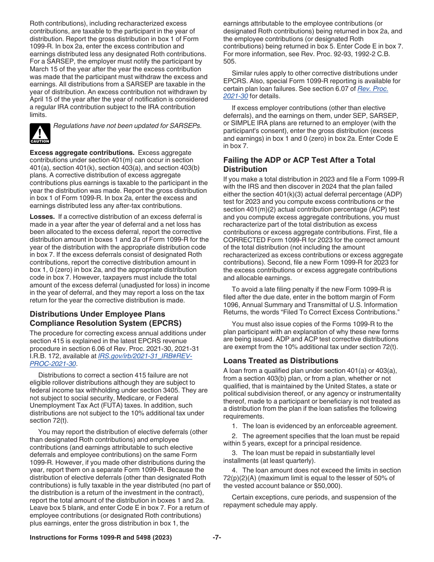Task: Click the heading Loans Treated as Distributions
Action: [281, 361]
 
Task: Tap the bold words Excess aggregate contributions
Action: [82, 153]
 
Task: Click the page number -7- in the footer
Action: [217, 538]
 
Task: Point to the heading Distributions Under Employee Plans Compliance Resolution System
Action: [105, 318]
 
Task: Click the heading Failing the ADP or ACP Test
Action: [299, 164]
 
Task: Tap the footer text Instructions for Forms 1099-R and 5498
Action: [101, 538]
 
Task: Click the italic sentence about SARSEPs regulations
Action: [127, 126]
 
